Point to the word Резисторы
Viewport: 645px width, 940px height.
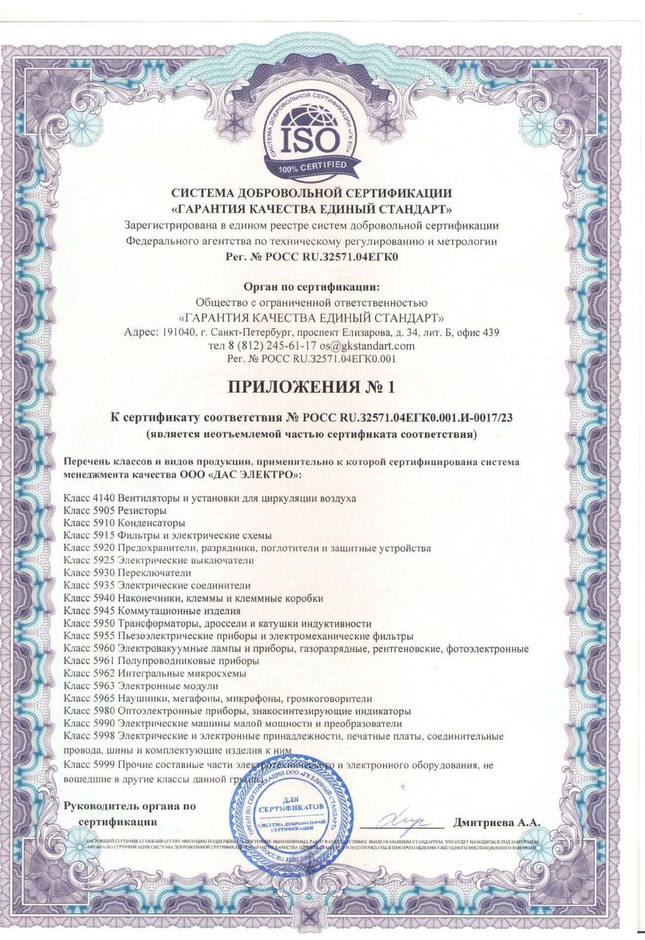pyautogui.click(x=142, y=511)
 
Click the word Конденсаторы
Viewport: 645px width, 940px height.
pyautogui.click(x=152, y=523)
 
